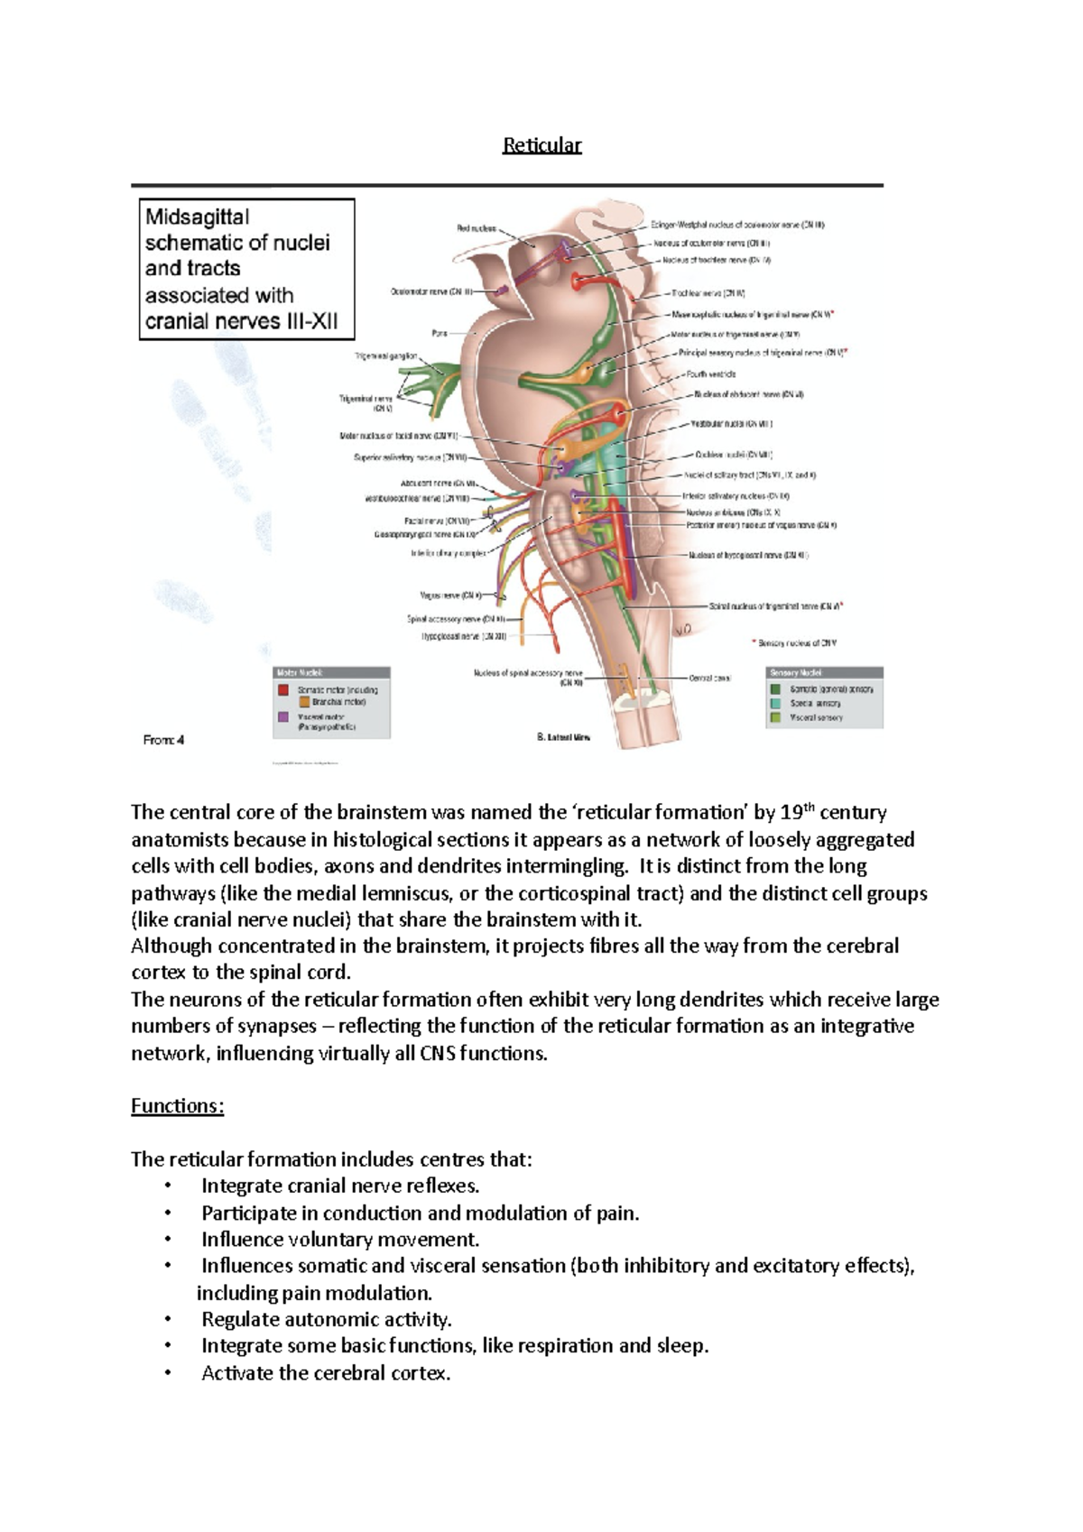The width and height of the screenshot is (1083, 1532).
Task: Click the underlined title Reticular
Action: [541, 145]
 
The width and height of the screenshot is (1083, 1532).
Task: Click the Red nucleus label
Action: [476, 228]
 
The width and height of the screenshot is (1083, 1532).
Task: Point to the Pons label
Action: [440, 333]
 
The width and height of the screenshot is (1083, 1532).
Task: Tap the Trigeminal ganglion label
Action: [386, 355]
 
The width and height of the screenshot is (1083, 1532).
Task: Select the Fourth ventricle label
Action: [711, 374]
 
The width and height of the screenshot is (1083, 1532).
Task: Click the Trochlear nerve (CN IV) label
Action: [708, 293]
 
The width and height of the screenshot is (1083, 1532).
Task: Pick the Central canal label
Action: [709, 678]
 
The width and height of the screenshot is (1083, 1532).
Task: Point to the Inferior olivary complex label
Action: [449, 553]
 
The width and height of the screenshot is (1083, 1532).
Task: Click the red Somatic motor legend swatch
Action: [283, 689]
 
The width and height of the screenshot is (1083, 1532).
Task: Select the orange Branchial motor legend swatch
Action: [304, 702]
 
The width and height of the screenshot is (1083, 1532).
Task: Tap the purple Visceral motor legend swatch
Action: [283, 717]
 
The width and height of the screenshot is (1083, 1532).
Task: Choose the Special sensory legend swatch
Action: [775, 703]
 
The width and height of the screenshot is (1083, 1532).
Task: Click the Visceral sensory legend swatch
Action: [775, 717]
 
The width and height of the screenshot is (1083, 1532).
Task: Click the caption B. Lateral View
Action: [563, 737]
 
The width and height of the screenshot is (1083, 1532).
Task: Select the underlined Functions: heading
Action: [177, 1106]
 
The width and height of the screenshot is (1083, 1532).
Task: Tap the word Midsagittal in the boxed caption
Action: [198, 217]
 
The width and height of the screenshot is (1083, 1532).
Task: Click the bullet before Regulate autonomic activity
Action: [168, 1320]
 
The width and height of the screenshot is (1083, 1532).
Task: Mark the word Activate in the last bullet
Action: [236, 1373]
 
